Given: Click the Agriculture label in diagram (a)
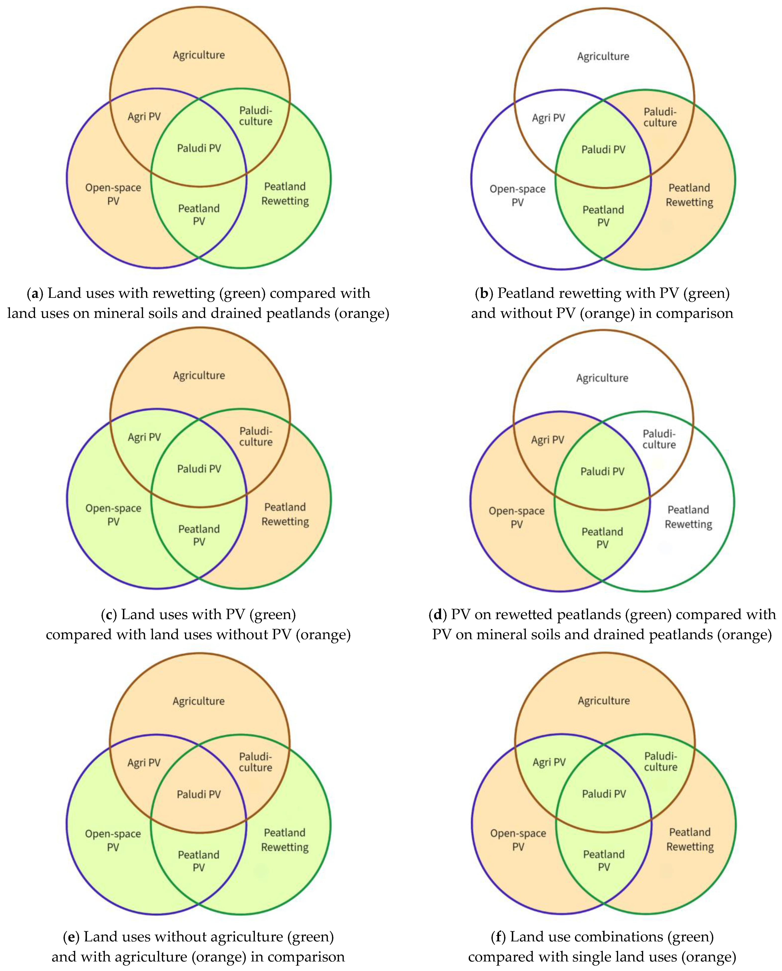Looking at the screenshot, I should (x=199, y=55).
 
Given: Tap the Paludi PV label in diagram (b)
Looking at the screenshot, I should (x=603, y=150).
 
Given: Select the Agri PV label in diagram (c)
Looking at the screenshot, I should (x=144, y=437).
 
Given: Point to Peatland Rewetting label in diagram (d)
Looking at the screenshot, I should (x=688, y=517).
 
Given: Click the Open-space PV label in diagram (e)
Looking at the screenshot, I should (x=113, y=840).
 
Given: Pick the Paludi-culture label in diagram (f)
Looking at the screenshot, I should (x=660, y=761).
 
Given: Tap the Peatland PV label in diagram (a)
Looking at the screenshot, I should (x=199, y=214).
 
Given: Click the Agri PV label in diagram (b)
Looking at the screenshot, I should (x=548, y=118).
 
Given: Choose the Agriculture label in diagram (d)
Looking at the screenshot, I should (x=602, y=378).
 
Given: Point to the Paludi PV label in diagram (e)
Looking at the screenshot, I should (x=199, y=794).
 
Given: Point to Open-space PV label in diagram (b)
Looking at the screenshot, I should (x=518, y=195).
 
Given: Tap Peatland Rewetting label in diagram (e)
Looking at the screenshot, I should (x=285, y=840).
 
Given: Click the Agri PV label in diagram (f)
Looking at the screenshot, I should (x=549, y=762).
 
